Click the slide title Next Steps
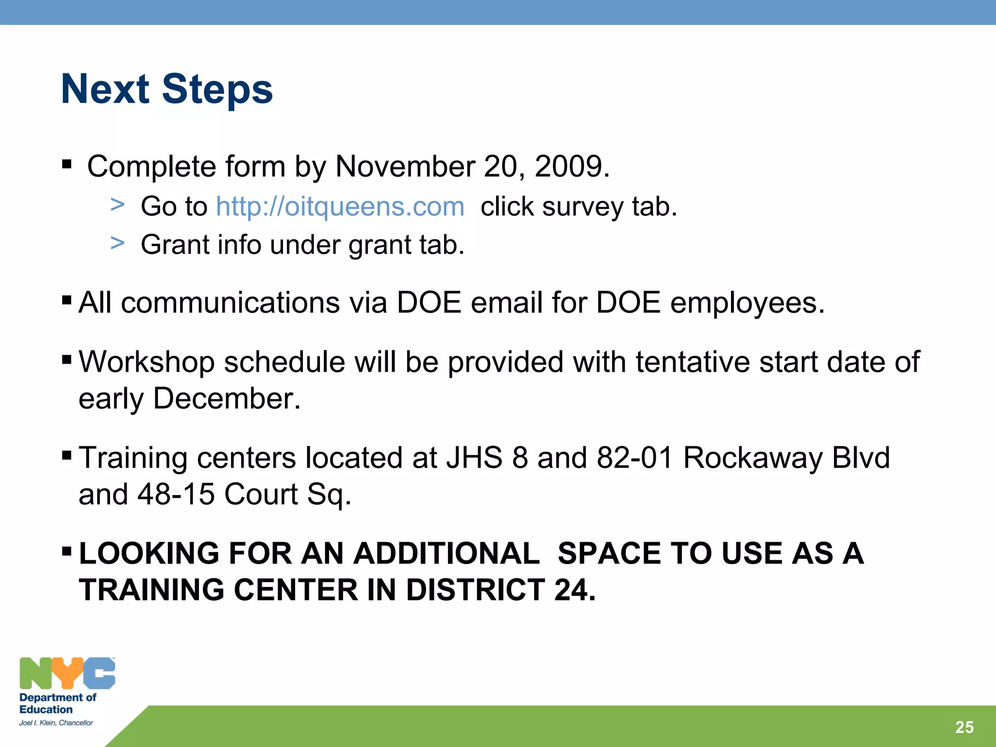[167, 89]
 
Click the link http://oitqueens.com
[340, 206]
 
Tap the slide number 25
[964, 727]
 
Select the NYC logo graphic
[67, 673]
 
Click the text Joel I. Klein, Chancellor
[56, 723]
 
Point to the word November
[405, 167]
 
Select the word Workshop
[146, 362]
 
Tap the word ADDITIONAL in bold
[446, 553]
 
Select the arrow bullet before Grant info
[117, 243]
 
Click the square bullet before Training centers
[67, 456]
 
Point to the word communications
[230, 302]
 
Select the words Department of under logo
[57, 697]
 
